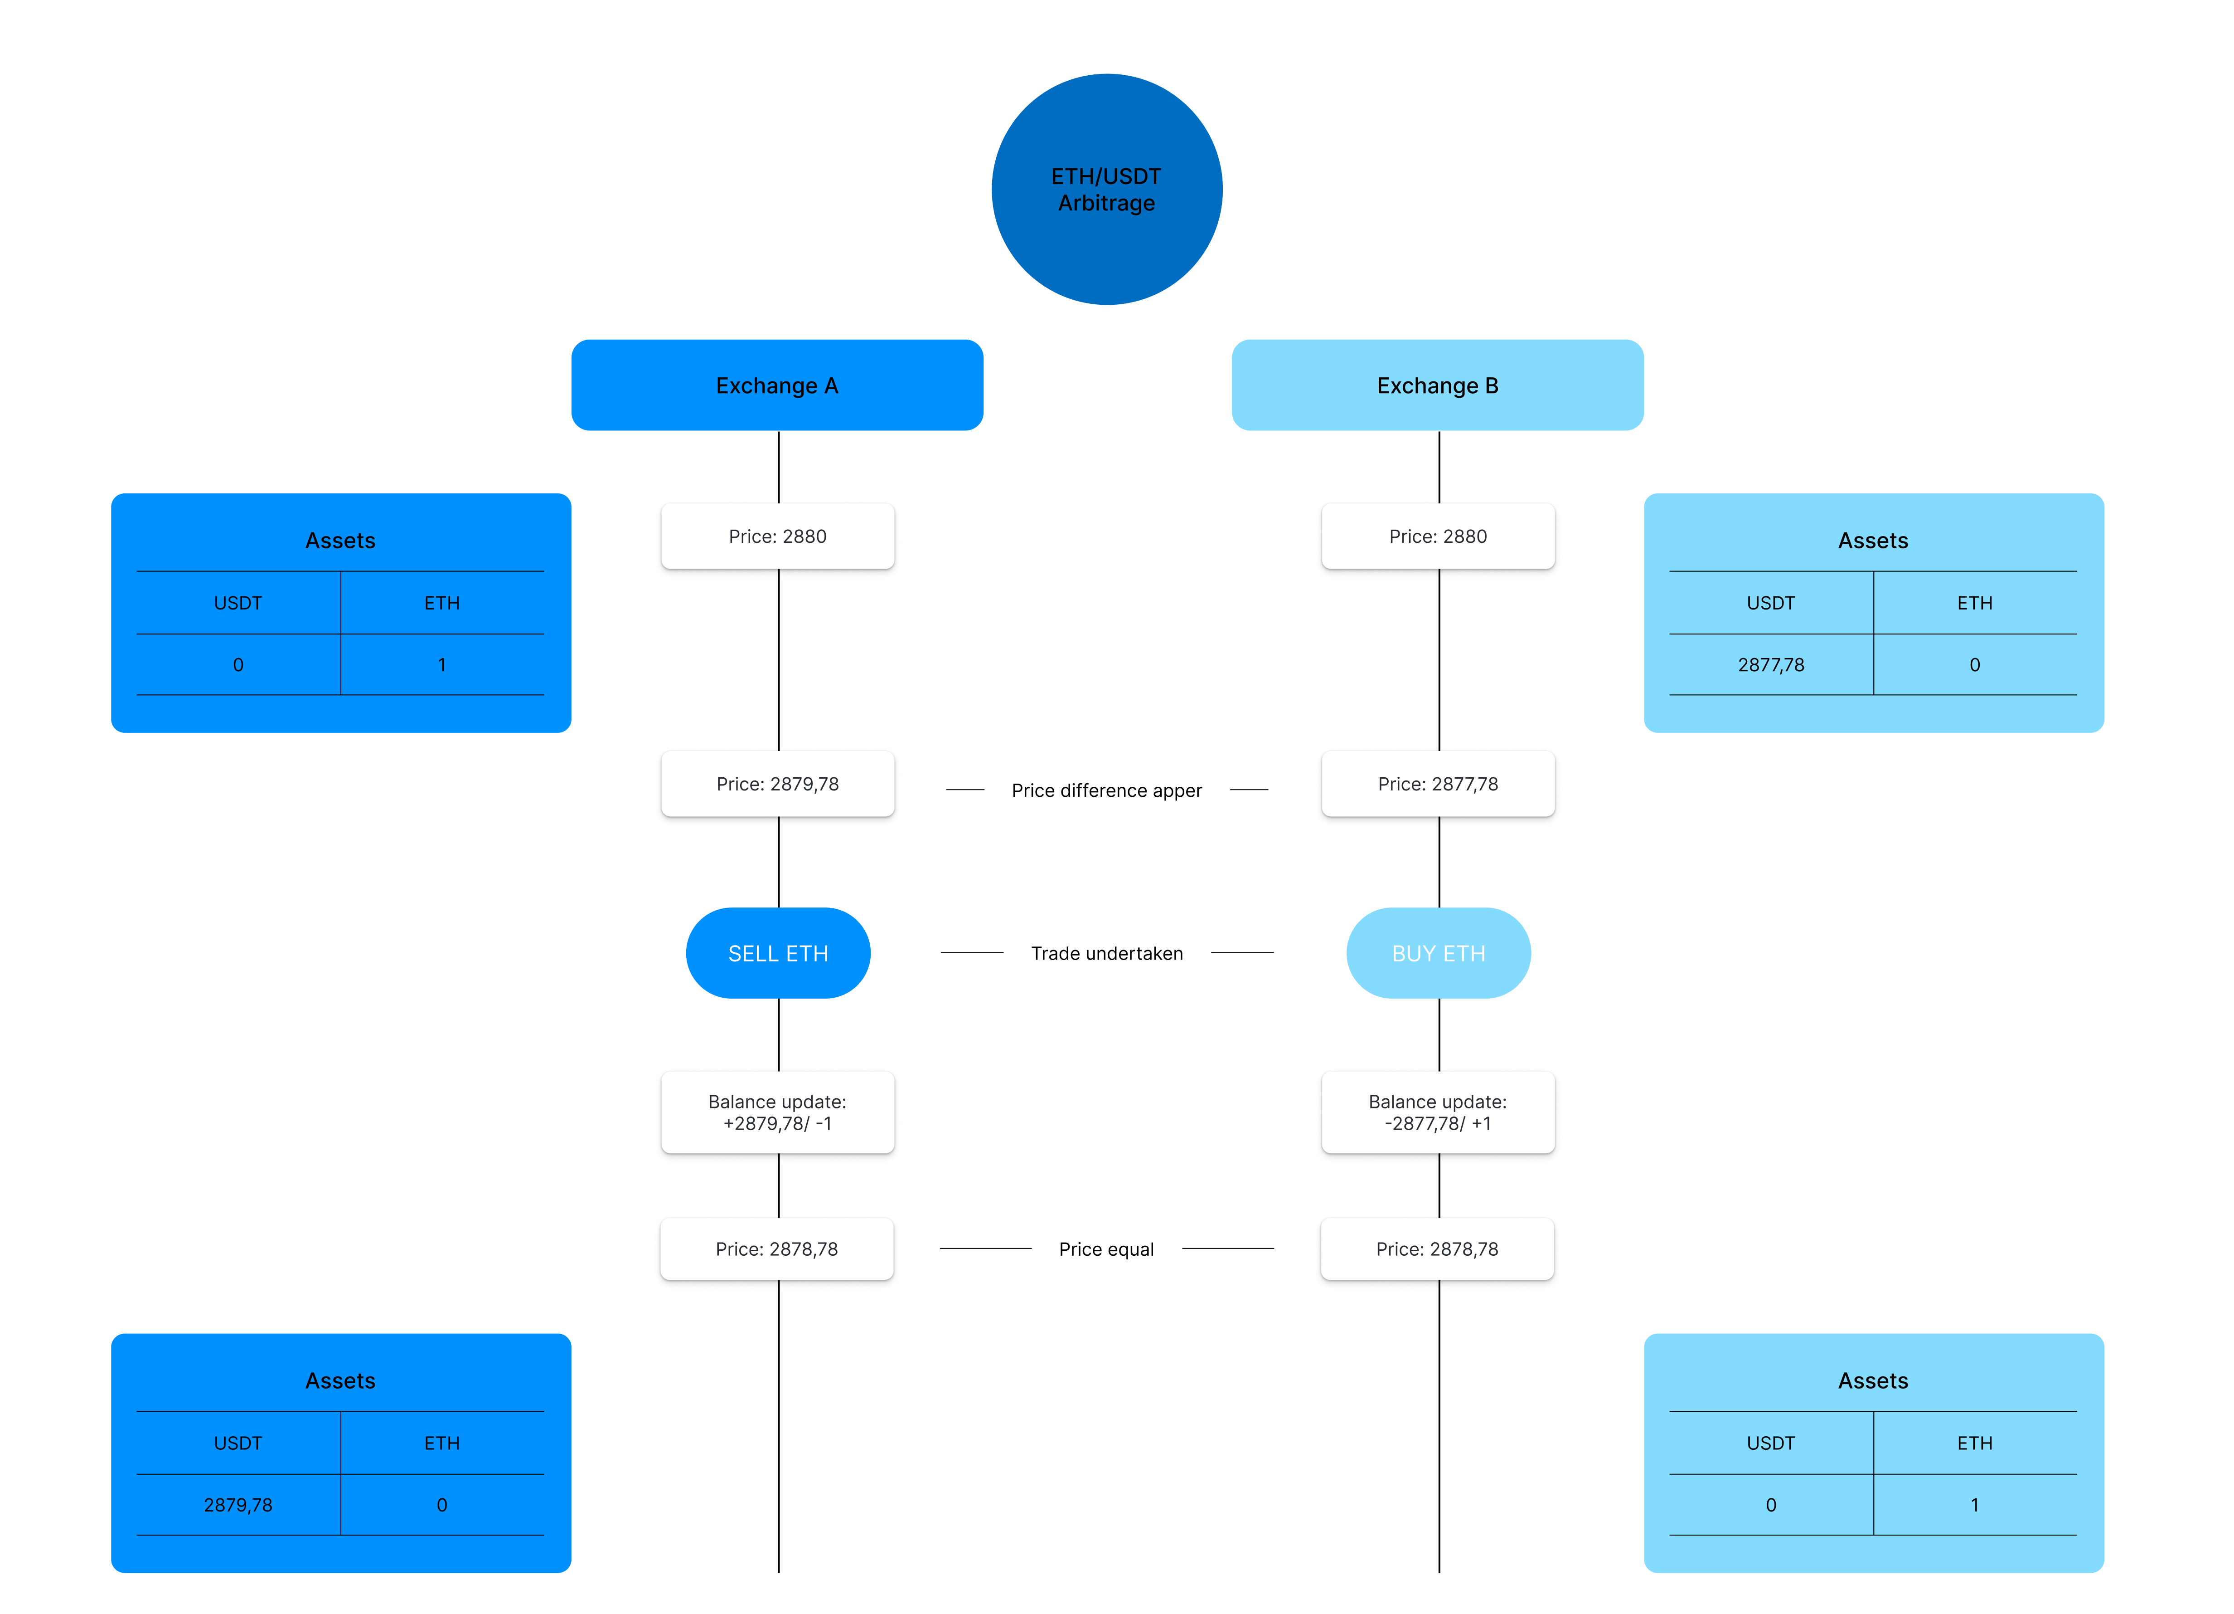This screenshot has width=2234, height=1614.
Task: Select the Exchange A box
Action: point(777,385)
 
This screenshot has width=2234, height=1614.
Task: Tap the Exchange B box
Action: point(1437,385)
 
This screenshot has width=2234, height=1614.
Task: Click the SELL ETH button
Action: point(778,953)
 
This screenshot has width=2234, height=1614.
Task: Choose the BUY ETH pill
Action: point(1438,953)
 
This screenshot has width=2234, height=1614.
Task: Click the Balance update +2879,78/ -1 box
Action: point(777,1112)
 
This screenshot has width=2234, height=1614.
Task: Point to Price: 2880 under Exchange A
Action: point(777,536)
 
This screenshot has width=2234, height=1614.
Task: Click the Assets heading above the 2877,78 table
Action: point(1872,540)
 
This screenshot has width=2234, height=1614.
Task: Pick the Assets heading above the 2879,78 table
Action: point(340,1380)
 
